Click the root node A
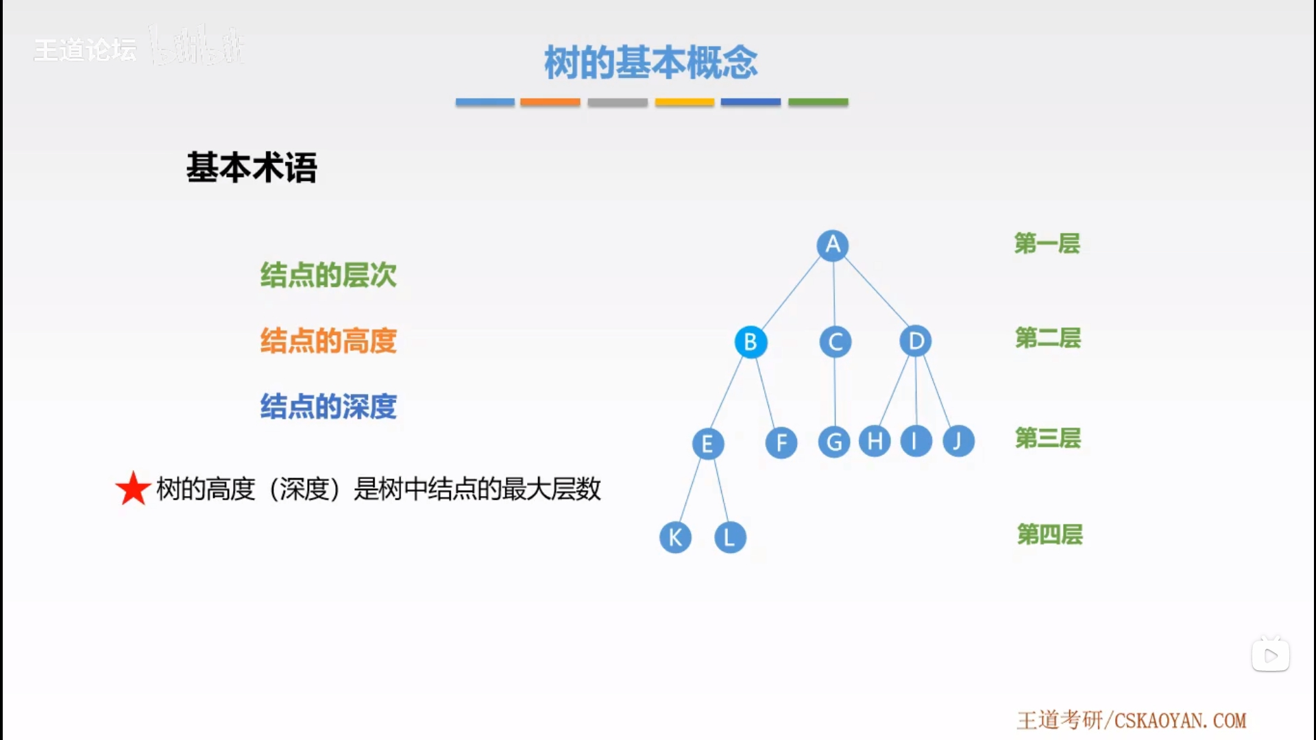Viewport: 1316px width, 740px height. [833, 245]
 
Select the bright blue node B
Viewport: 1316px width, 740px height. [751, 341]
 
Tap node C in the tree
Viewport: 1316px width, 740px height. [835, 342]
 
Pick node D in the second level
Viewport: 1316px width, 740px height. [916, 341]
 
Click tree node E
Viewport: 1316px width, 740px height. [707, 443]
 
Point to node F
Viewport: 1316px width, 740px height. [781, 443]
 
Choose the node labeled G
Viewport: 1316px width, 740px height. [834, 442]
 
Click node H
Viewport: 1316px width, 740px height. [875, 441]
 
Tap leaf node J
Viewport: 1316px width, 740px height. [958, 441]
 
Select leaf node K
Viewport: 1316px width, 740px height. [675, 537]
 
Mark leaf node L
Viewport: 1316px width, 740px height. [730, 537]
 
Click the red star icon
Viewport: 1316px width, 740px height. [133, 489]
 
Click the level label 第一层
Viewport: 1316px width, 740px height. [1047, 243]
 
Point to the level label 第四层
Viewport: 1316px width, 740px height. [1049, 534]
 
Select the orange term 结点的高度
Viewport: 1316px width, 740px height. [328, 341]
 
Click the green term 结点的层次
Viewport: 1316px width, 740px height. [328, 275]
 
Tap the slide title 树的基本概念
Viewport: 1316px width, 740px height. [650, 62]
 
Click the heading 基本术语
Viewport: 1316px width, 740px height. [252, 167]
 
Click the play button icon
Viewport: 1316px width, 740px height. [1270, 656]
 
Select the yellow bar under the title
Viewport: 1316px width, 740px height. [684, 102]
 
